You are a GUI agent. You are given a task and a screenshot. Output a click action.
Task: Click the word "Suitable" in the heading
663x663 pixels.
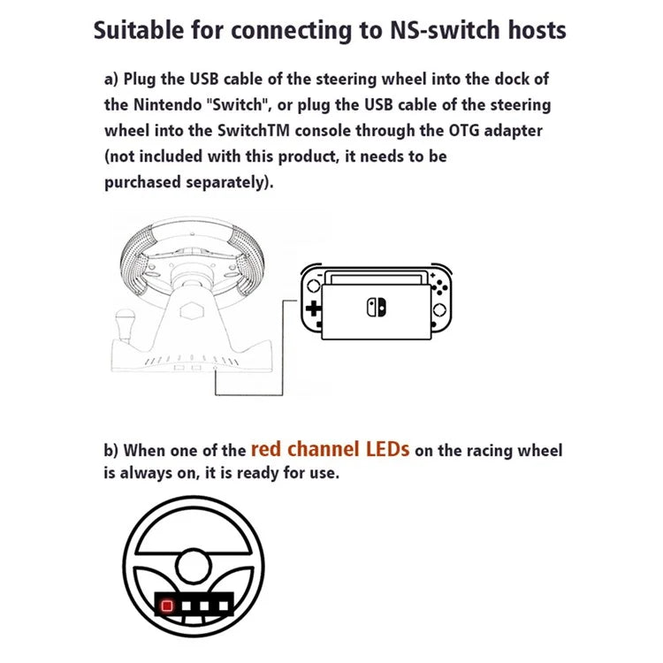[139, 31]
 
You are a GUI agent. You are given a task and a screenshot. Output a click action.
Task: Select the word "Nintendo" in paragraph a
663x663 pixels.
[168, 105]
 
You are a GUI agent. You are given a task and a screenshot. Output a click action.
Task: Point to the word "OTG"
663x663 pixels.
[464, 131]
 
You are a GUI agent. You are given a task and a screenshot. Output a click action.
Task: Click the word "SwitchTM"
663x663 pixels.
[254, 131]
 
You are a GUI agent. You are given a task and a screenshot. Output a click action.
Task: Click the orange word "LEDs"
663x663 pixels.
[388, 449]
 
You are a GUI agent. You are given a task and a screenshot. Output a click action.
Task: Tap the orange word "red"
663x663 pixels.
[266, 449]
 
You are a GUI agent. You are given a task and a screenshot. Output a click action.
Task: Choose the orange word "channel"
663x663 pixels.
[324, 449]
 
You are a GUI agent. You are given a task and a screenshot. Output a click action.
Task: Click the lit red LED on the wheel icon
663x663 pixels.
[167, 606]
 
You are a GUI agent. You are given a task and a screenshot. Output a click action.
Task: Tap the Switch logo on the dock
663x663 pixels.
[377, 308]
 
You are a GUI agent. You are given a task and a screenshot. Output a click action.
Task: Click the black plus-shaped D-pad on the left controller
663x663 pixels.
[313, 309]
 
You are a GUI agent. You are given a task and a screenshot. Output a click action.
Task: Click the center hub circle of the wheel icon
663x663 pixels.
[194, 567]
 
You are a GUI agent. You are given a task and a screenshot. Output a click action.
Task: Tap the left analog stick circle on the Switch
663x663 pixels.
[314, 286]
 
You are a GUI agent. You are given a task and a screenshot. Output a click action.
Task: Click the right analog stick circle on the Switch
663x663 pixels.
[439, 310]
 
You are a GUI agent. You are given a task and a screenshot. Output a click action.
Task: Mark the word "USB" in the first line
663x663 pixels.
[204, 79]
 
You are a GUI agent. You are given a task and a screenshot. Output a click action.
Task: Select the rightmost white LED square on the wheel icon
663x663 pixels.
[224, 606]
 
